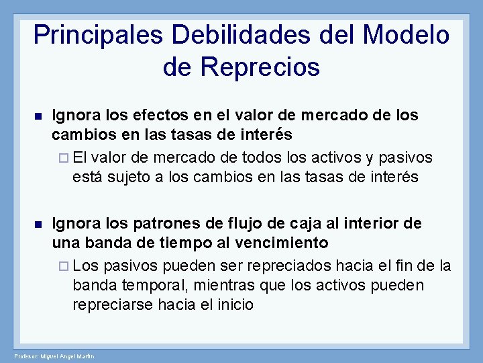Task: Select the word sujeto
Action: [x=130, y=177]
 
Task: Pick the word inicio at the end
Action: [x=235, y=305]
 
